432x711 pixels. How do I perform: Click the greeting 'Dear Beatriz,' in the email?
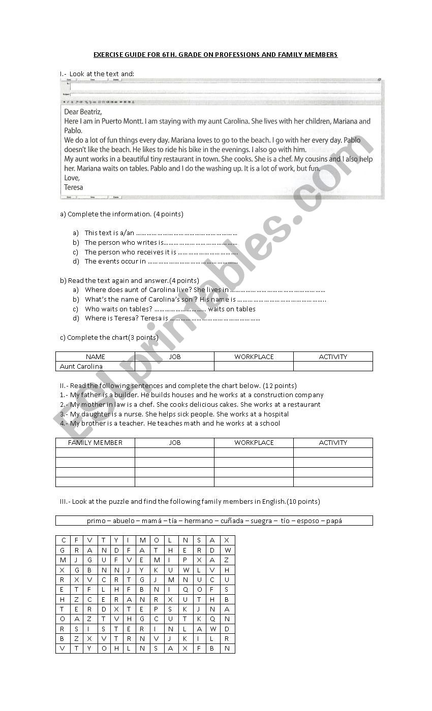(83, 112)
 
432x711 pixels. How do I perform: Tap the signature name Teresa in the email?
(74, 187)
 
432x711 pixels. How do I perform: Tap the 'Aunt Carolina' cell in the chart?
(81, 366)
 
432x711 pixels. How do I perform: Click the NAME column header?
(96, 357)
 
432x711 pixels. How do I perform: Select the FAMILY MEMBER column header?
(96, 442)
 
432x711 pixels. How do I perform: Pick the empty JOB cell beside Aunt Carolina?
(174, 366)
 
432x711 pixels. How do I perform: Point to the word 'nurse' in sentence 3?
(134, 414)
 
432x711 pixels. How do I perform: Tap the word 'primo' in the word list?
(96, 521)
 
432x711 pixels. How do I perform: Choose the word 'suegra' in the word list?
(261, 521)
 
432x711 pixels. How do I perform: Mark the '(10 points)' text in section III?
(303, 501)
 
